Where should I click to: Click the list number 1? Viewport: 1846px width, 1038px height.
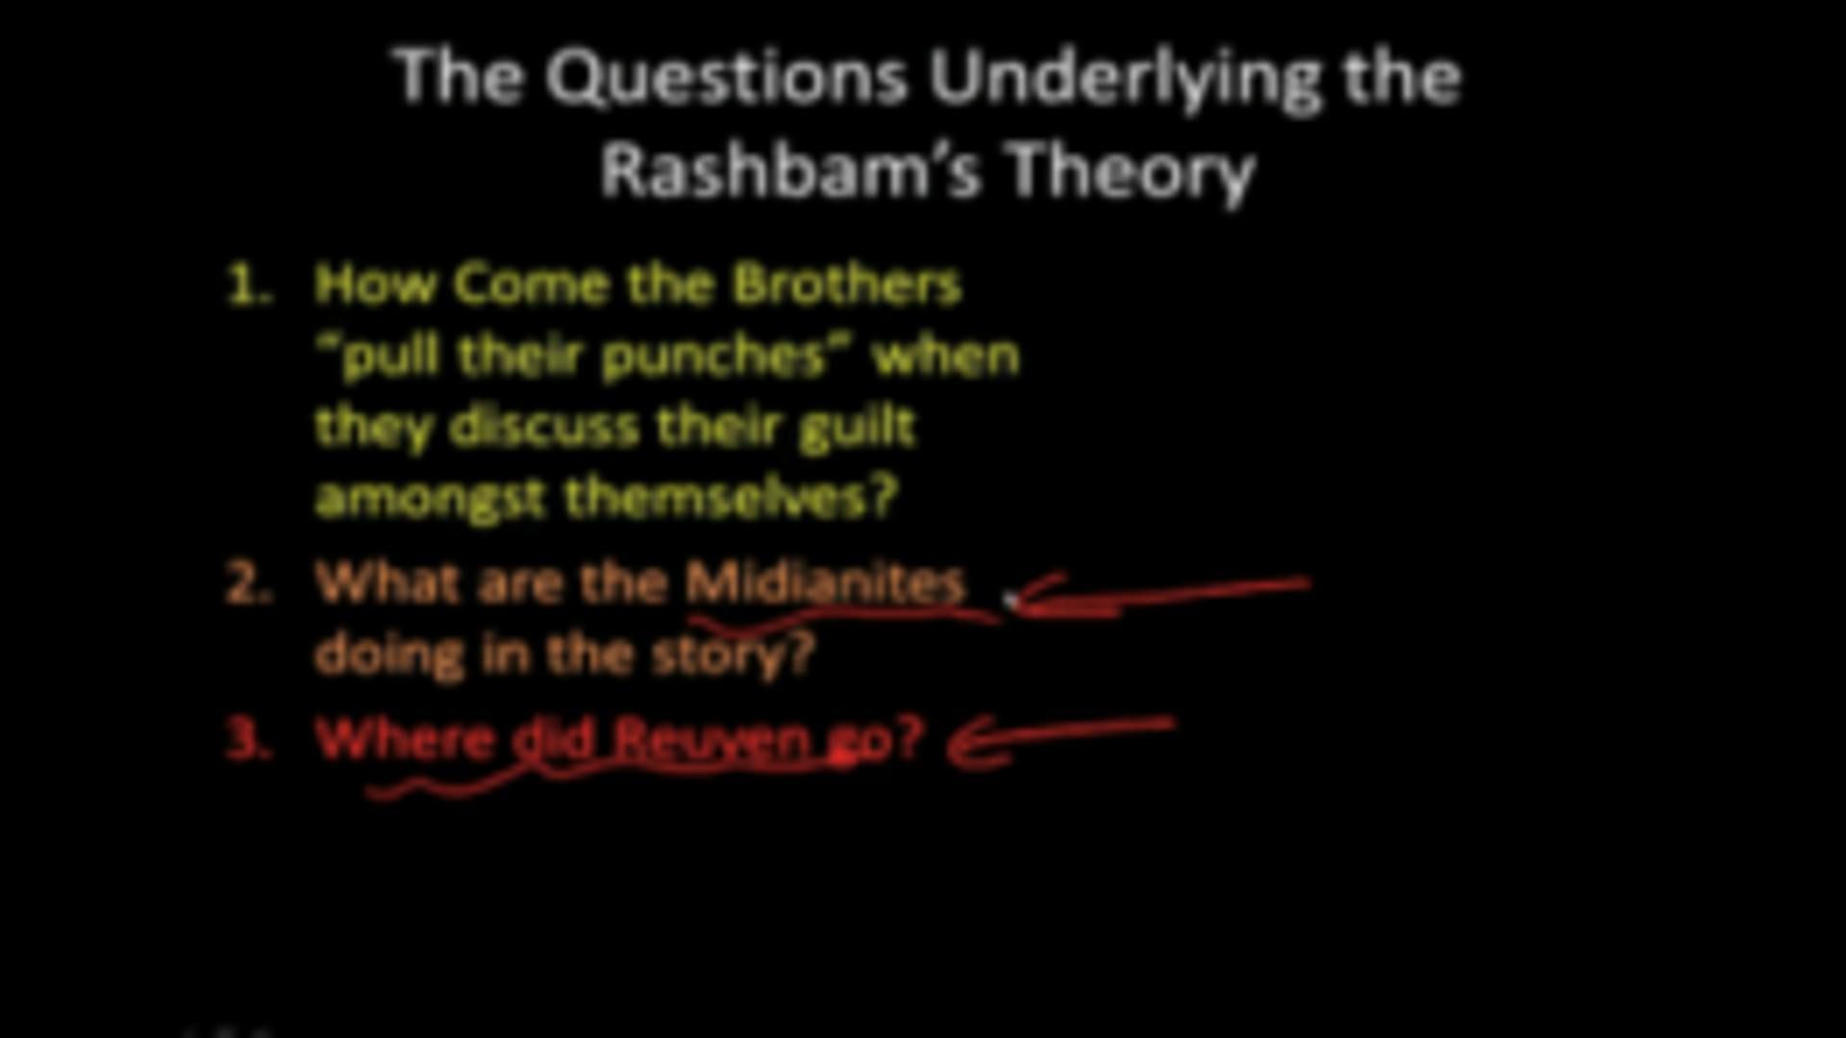(x=248, y=285)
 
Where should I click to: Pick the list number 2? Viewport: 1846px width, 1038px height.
(x=248, y=583)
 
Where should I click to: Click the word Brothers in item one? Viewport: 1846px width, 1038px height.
(x=846, y=284)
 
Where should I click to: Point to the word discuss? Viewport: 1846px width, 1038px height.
(x=544, y=427)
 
